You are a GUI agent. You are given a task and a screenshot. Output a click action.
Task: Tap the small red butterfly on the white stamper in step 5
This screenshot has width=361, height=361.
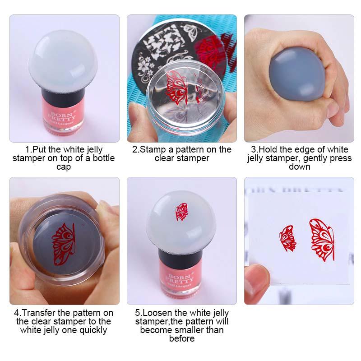[182, 212]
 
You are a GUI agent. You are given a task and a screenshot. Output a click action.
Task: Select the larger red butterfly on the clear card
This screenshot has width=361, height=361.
[322, 240]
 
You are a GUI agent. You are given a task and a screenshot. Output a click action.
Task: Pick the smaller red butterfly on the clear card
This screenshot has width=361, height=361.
[287, 238]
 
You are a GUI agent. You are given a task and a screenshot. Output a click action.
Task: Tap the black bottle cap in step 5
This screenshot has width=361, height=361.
[180, 259]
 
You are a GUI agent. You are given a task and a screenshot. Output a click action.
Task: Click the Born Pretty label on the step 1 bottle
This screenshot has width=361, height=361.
[62, 118]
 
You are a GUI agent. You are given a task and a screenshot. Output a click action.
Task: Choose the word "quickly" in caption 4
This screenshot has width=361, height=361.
[93, 330]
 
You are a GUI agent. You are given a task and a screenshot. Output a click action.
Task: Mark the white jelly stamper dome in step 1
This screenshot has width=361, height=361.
[63, 62]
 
